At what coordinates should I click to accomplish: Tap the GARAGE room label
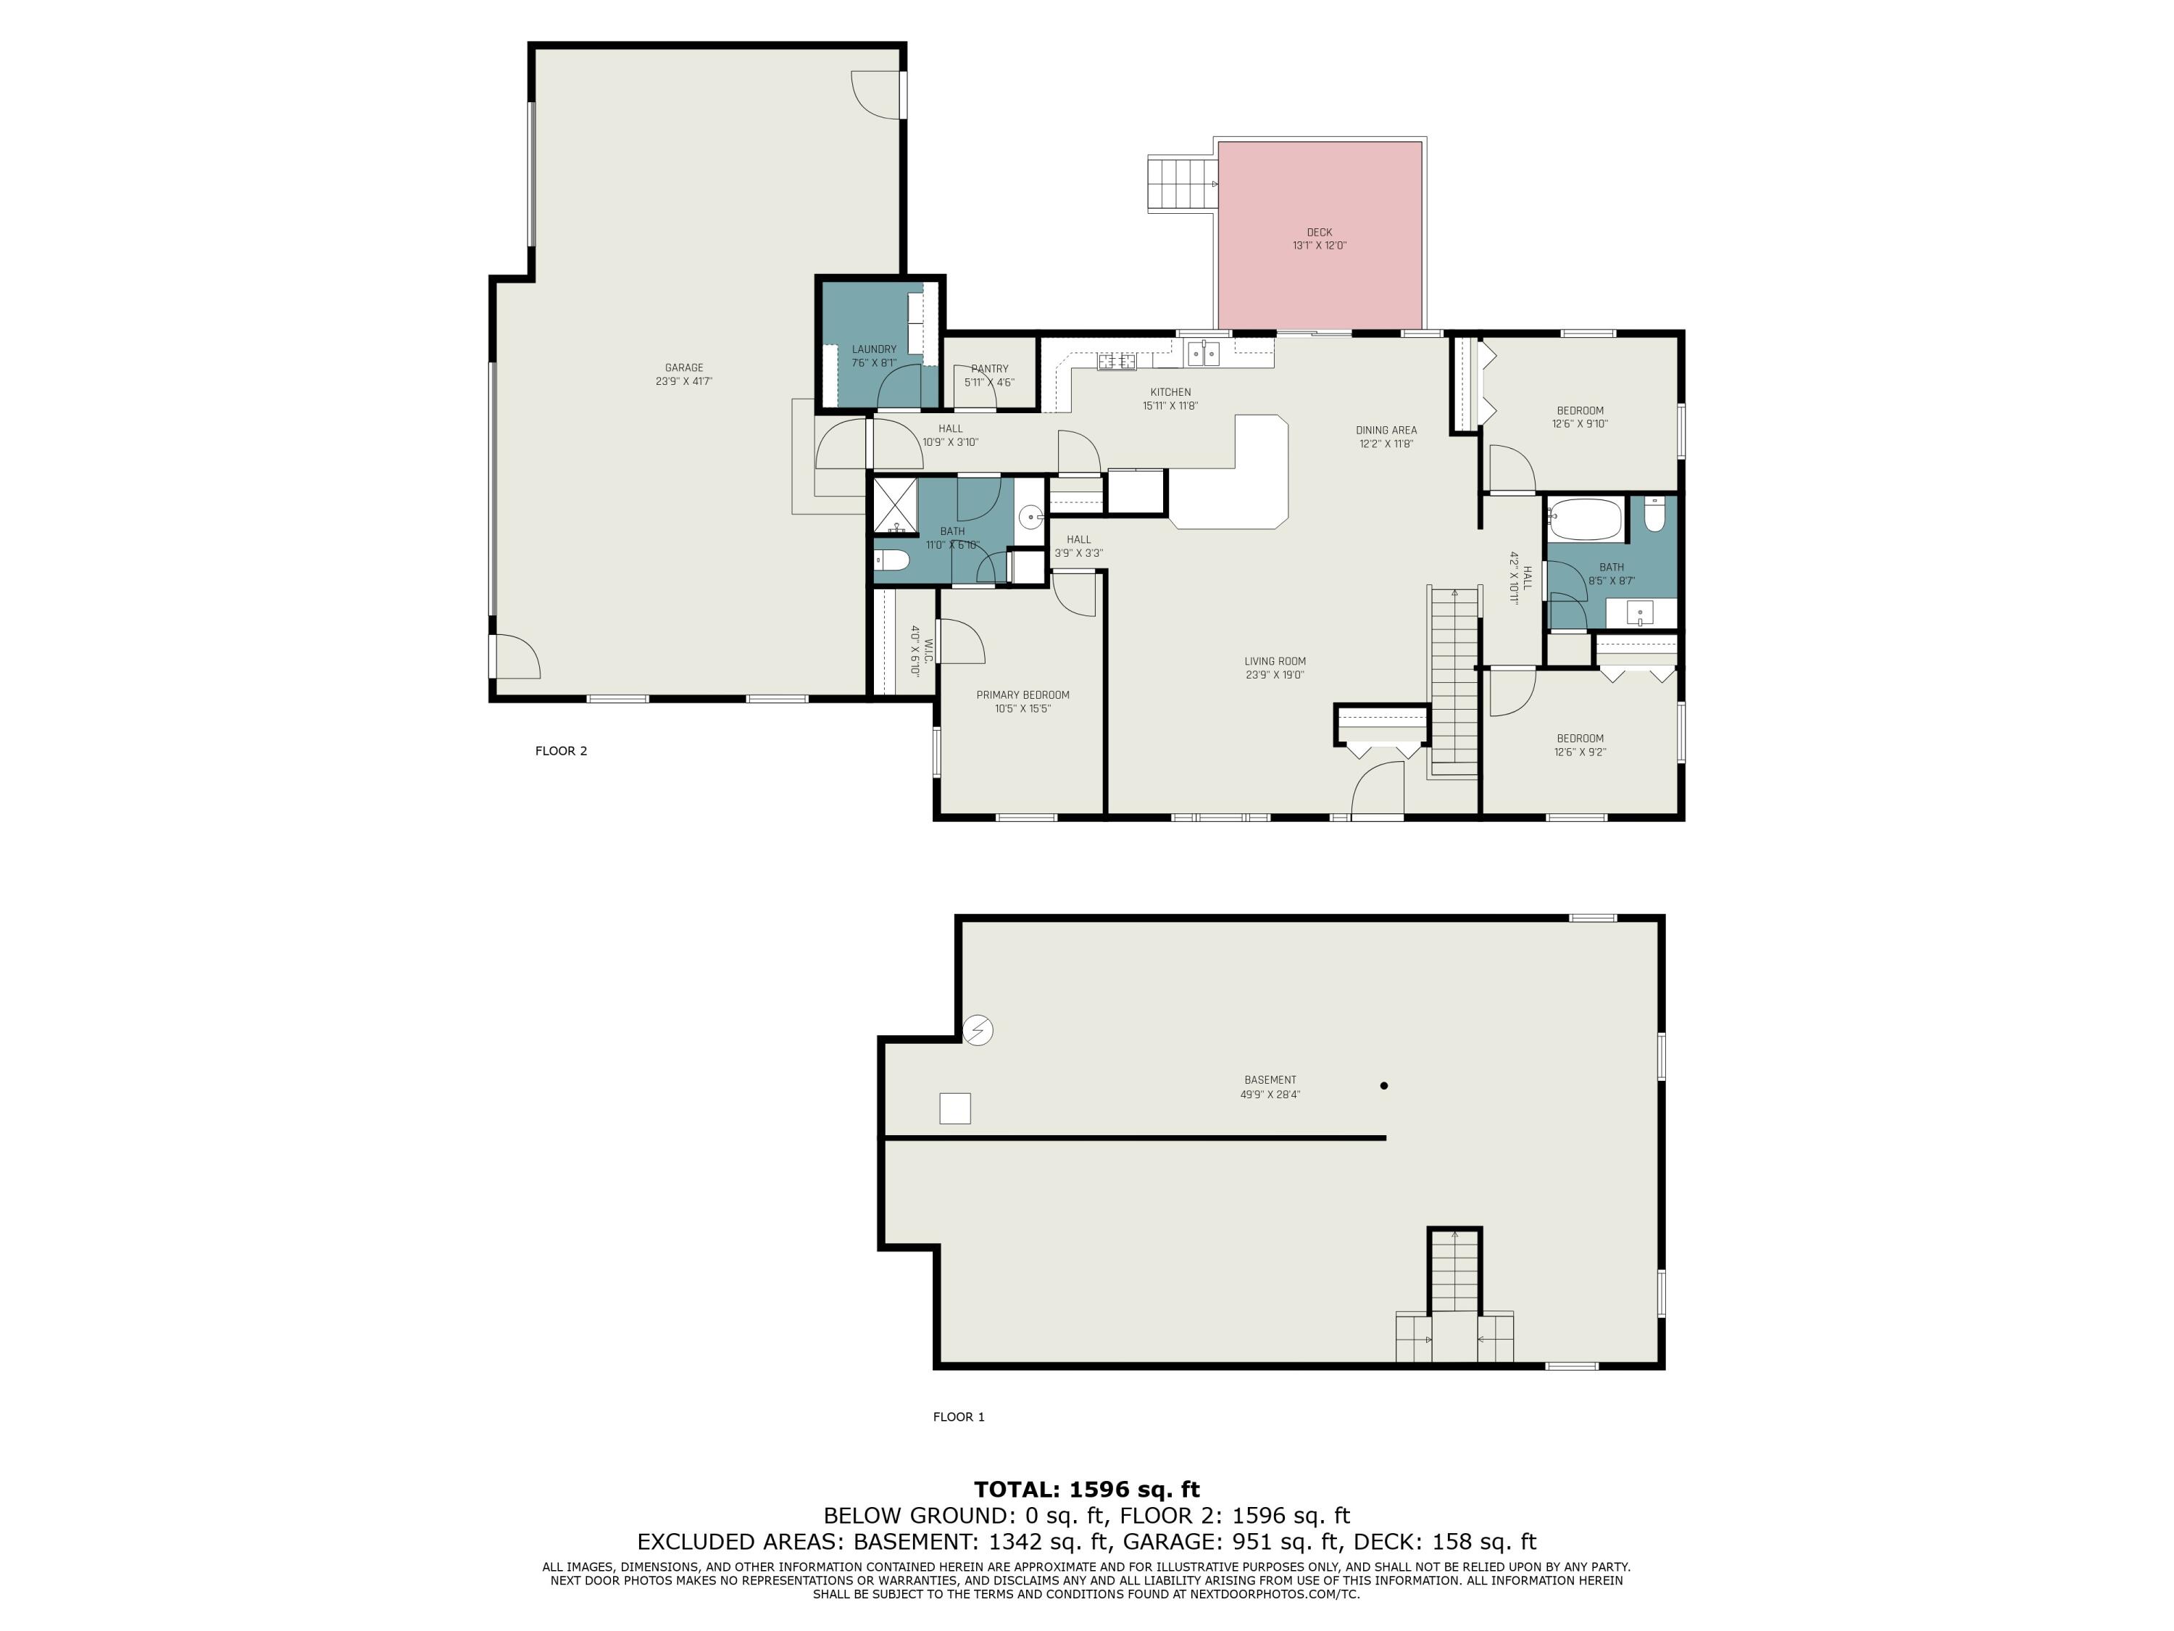point(683,368)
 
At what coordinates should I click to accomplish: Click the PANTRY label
point(988,369)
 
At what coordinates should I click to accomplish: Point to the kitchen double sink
point(1203,353)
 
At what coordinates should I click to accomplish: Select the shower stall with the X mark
point(894,505)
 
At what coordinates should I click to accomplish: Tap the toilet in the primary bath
point(892,561)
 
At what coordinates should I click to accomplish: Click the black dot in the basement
point(1384,1085)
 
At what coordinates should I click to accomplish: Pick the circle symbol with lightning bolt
point(978,1029)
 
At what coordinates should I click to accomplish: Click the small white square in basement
point(954,1108)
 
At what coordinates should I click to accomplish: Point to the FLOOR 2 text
point(560,751)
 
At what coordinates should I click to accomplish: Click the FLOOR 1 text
point(958,1416)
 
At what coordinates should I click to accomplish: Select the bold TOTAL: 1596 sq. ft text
point(1086,1490)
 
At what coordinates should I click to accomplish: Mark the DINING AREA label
point(1386,430)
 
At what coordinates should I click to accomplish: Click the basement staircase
point(1454,1273)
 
